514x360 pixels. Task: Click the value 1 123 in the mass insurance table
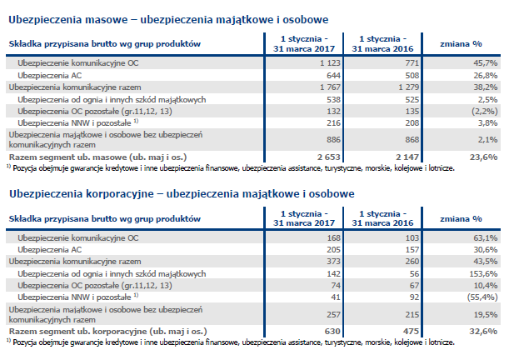(330, 63)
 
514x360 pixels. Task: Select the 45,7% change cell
(485, 63)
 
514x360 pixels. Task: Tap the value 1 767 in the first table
(330, 87)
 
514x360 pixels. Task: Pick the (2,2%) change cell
(485, 112)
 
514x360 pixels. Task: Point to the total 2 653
(329, 157)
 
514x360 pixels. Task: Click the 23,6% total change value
(483, 157)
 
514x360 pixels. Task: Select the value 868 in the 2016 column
(412, 140)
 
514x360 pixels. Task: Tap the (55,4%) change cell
(482, 297)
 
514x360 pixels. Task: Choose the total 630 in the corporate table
(332, 332)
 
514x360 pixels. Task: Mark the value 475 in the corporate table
(411, 332)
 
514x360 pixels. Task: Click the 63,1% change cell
(485, 238)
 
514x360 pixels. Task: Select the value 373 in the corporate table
(334, 262)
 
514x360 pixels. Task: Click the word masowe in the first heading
(106, 20)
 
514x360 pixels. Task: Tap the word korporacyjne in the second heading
(120, 194)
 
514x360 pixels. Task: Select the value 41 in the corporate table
(336, 297)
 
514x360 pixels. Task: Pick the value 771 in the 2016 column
(412, 63)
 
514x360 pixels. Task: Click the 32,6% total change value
(483, 332)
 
